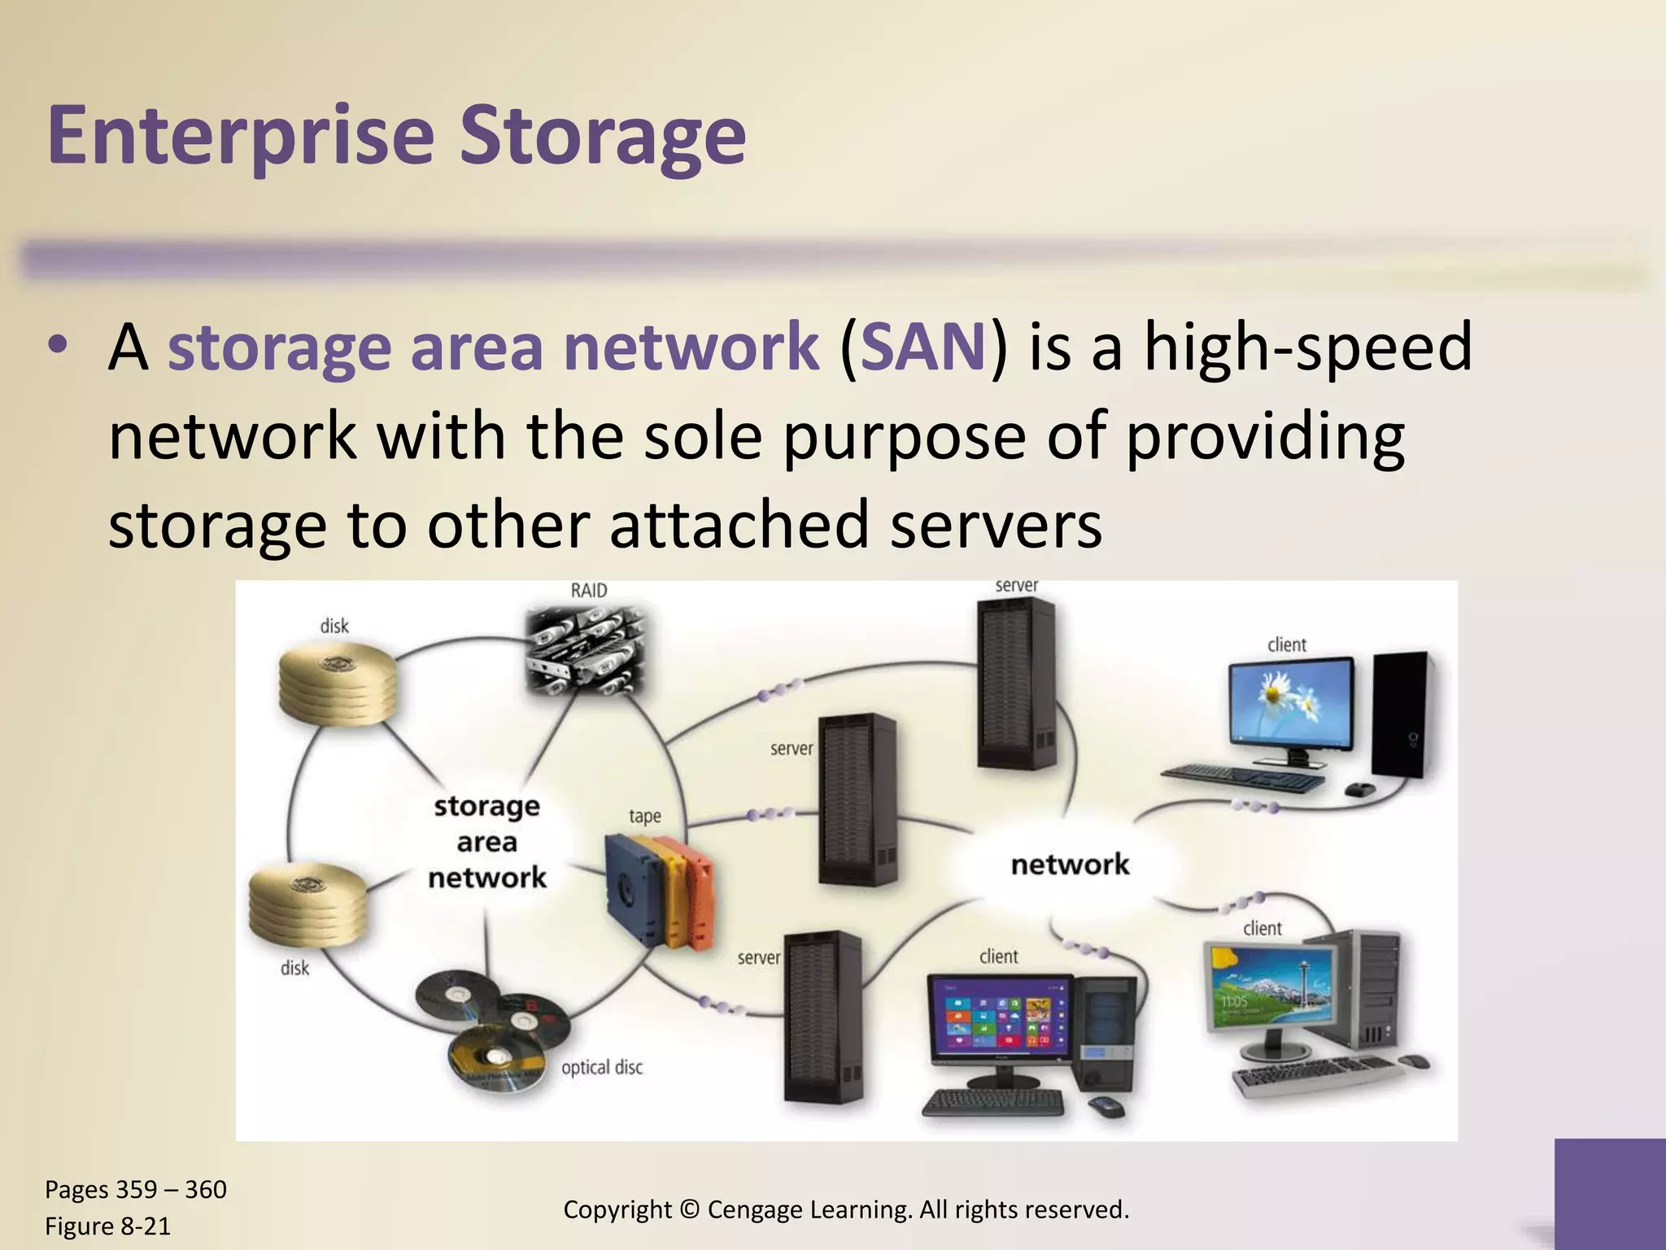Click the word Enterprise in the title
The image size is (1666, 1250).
(241, 134)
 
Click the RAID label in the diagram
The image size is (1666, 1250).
(588, 590)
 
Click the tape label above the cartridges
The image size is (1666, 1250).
(644, 815)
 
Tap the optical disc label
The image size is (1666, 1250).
(602, 1067)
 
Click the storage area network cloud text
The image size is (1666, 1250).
(487, 841)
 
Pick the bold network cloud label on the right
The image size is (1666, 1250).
(1070, 864)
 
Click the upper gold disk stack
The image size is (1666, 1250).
(338, 683)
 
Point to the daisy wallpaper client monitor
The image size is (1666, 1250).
(1292, 706)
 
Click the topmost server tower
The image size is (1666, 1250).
(1016, 684)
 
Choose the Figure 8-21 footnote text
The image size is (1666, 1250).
(107, 1226)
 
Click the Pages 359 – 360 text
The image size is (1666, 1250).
(135, 1190)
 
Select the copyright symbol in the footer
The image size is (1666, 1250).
(690, 1209)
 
